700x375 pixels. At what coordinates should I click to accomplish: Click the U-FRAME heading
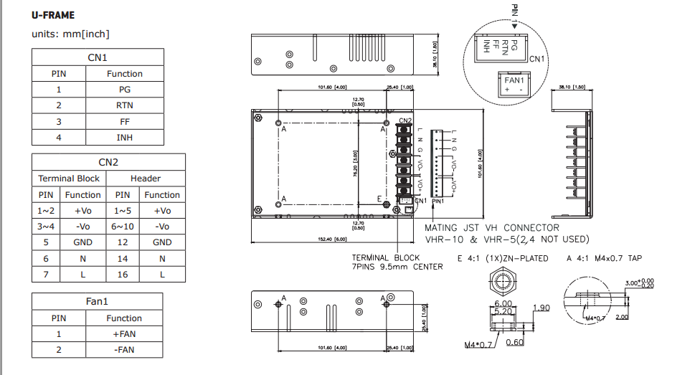(53, 15)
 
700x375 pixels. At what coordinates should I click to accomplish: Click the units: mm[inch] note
(70, 34)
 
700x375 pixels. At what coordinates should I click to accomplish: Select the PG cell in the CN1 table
(124, 90)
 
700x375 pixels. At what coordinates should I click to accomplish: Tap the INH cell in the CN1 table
(124, 137)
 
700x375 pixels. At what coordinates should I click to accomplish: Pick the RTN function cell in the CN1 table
(124, 105)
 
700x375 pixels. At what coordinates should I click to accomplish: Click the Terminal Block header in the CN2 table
(69, 178)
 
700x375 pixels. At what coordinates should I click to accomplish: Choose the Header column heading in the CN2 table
(146, 178)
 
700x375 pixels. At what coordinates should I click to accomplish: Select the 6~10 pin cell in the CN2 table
(123, 226)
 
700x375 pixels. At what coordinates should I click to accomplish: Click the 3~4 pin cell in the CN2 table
(45, 226)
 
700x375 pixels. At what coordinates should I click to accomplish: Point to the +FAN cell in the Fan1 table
(124, 334)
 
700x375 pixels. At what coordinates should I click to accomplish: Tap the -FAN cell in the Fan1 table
(124, 350)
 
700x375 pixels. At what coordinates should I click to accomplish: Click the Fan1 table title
(97, 302)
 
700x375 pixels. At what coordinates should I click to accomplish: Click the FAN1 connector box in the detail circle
(514, 84)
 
